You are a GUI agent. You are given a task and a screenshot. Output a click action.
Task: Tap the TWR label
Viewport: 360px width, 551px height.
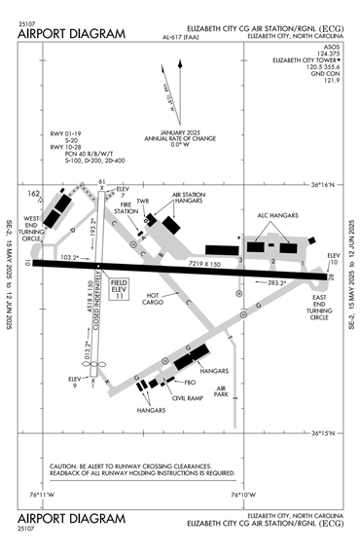pyautogui.click(x=143, y=202)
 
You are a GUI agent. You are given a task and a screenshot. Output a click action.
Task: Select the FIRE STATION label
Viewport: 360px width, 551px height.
pyautogui.click(x=126, y=211)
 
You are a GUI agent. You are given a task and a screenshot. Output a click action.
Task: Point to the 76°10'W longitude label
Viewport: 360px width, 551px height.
pyautogui.click(x=243, y=494)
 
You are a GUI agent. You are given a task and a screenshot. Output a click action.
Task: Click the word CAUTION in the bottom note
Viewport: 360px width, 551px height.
pyautogui.click(x=64, y=465)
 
